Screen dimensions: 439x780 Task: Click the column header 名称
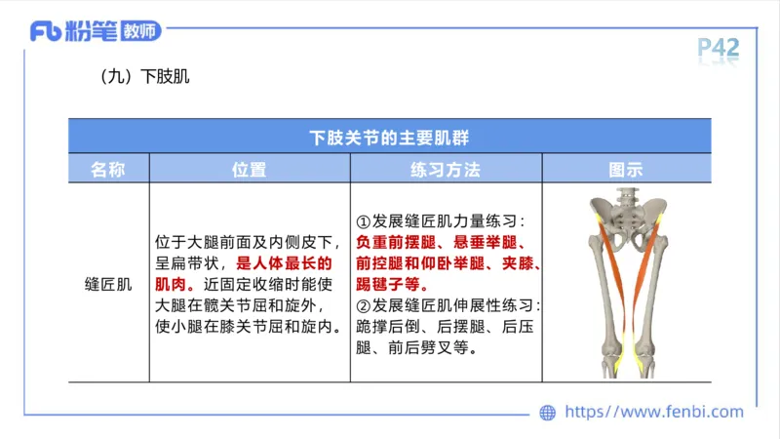pos(108,169)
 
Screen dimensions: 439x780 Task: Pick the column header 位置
pos(249,169)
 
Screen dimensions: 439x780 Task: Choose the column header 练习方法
pos(446,169)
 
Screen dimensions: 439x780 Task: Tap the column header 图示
pos(625,169)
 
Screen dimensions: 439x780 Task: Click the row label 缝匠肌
pos(108,285)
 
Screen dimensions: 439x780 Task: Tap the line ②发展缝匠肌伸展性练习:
pos(448,306)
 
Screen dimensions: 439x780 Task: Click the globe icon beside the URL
pos(548,413)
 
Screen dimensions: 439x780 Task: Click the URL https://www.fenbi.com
pos(654,413)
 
